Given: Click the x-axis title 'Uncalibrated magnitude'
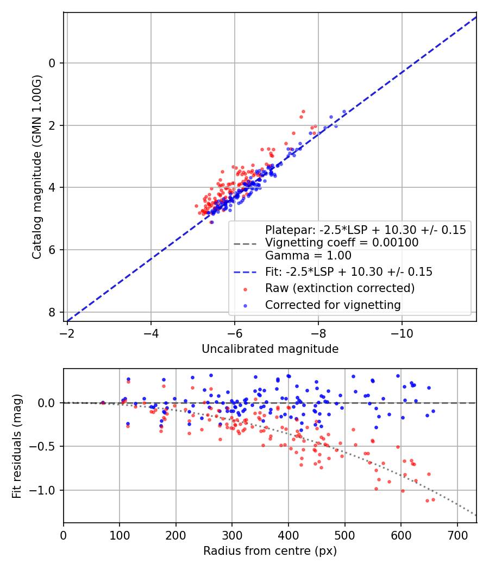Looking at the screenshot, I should point(270,349).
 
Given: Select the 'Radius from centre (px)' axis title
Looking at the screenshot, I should point(270,551).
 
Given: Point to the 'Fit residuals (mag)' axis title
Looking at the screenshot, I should point(17,446).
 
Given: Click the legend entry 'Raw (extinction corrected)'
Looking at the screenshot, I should point(340,288).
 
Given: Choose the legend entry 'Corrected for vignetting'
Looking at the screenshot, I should point(333,305).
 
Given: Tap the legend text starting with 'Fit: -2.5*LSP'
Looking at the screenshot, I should point(348,272).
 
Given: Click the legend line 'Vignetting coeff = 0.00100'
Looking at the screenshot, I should point(342,243).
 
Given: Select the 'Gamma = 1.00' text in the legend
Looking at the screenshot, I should point(308,256).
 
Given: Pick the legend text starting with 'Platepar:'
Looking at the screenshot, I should point(365,230).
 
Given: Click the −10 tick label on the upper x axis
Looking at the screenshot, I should point(402,331).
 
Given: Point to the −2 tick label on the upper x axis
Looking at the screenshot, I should point(67,331).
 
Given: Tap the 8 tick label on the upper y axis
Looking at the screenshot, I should point(52,312).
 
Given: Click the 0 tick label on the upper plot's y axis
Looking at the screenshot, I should point(52,64).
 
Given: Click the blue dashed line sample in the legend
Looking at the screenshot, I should point(244,272).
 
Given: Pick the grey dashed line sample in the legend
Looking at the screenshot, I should point(244,243).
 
